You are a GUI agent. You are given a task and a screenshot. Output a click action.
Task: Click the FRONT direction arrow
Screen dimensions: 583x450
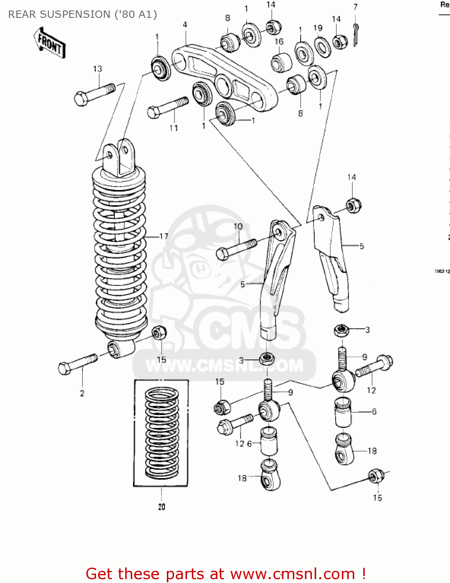tap(49, 43)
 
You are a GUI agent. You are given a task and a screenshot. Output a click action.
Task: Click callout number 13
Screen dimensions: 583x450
tap(97, 69)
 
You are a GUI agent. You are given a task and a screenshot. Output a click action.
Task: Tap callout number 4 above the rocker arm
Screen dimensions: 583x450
tap(185, 24)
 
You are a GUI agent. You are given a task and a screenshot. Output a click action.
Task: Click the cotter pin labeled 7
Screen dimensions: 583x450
tap(356, 34)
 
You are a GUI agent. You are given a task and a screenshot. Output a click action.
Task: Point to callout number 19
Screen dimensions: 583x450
tap(318, 28)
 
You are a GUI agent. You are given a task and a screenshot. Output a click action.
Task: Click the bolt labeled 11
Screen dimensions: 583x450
tap(168, 107)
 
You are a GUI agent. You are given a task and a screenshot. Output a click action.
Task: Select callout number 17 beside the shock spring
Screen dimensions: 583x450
tap(164, 236)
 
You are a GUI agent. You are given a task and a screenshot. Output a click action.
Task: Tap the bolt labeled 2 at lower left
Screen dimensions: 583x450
tap(77, 363)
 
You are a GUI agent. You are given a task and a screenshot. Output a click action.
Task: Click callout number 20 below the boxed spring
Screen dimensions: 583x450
tap(161, 506)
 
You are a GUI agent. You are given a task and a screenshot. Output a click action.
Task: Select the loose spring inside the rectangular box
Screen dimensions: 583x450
tap(161, 433)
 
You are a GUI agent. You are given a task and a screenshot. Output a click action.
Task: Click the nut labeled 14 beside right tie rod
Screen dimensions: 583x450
tap(353, 205)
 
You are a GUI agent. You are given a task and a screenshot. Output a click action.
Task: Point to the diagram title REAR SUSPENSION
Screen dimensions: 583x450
tap(82, 14)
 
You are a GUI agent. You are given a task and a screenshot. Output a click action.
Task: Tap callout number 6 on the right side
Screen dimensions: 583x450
tap(374, 411)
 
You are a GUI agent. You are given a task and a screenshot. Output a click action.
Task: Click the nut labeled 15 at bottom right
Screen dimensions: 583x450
tap(376, 476)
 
